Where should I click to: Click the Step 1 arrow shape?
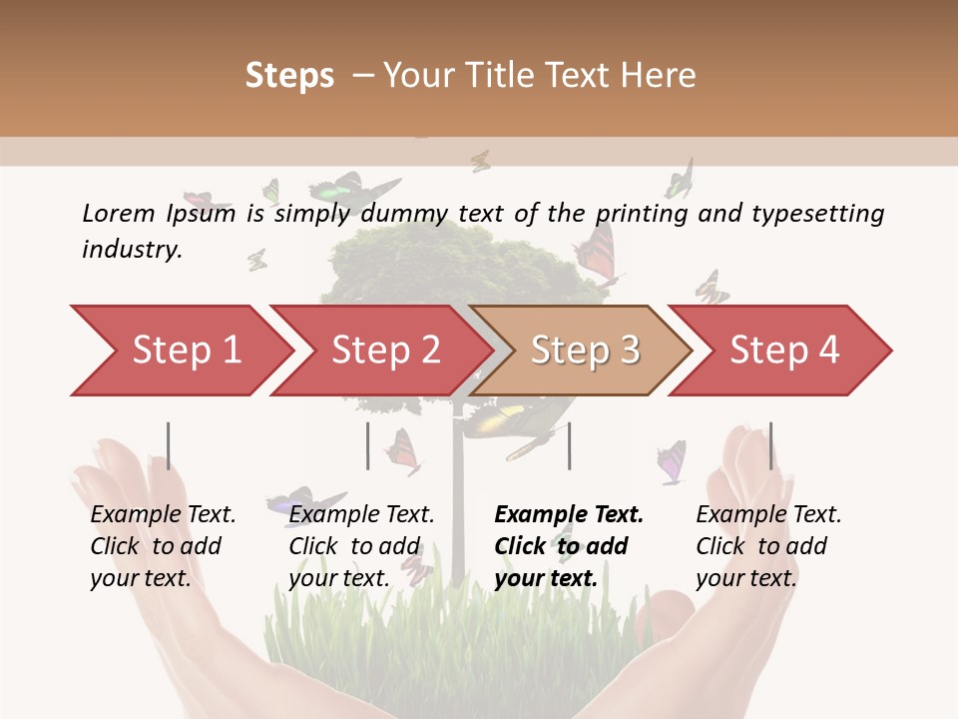(x=185, y=351)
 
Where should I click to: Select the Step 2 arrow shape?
(x=384, y=351)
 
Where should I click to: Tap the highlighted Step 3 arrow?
(x=584, y=351)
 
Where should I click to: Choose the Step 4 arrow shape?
(x=783, y=351)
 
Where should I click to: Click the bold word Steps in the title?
(x=289, y=76)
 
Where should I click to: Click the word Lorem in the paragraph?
(x=118, y=214)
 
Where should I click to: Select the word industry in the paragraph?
(x=132, y=250)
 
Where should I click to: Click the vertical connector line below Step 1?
(x=169, y=445)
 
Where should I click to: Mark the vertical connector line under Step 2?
(x=368, y=445)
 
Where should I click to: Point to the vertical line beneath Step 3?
(x=569, y=445)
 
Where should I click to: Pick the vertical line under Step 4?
(x=770, y=445)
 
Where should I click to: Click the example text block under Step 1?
(x=163, y=546)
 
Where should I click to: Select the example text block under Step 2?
(x=361, y=546)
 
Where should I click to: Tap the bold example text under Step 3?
(x=569, y=546)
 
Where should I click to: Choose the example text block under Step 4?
(x=768, y=546)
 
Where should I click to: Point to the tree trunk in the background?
(x=459, y=499)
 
